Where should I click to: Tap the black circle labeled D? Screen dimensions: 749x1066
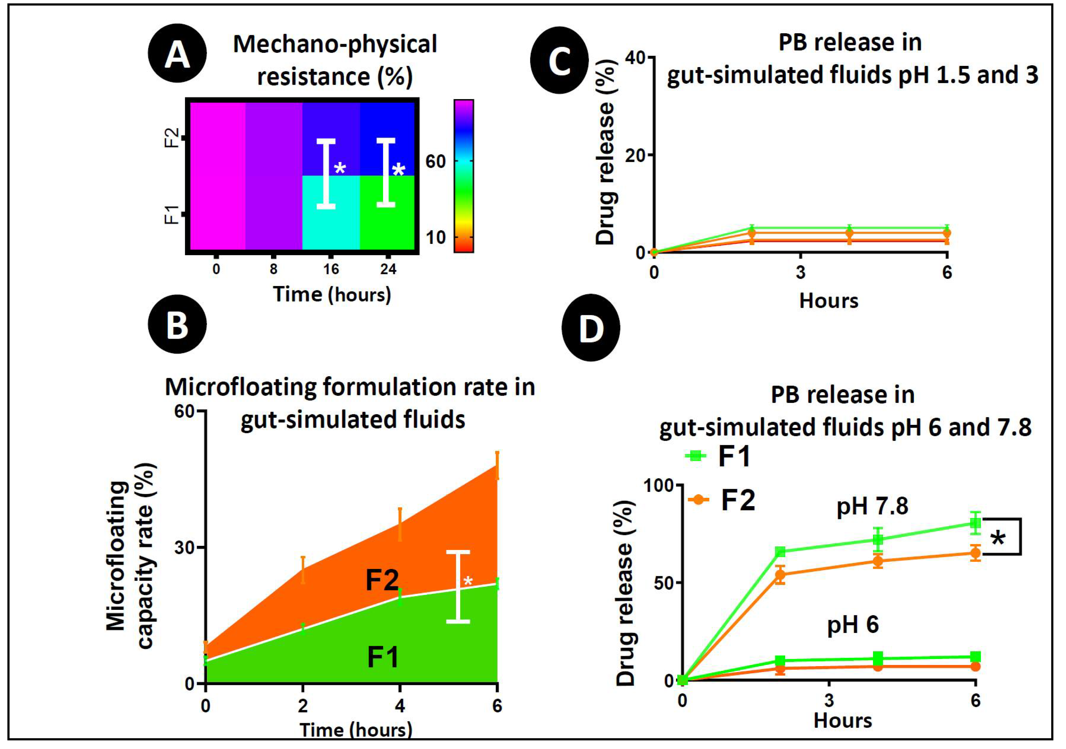[x=591, y=328]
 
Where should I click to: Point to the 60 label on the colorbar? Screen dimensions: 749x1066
[x=435, y=162]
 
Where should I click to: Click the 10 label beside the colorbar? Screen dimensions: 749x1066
[x=435, y=238]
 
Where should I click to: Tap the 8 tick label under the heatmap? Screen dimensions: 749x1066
[x=273, y=269]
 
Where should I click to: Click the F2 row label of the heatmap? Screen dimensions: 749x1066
[x=172, y=138]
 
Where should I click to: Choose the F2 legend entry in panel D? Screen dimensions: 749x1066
[x=722, y=500]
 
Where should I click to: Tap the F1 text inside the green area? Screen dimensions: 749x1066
[x=382, y=658]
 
